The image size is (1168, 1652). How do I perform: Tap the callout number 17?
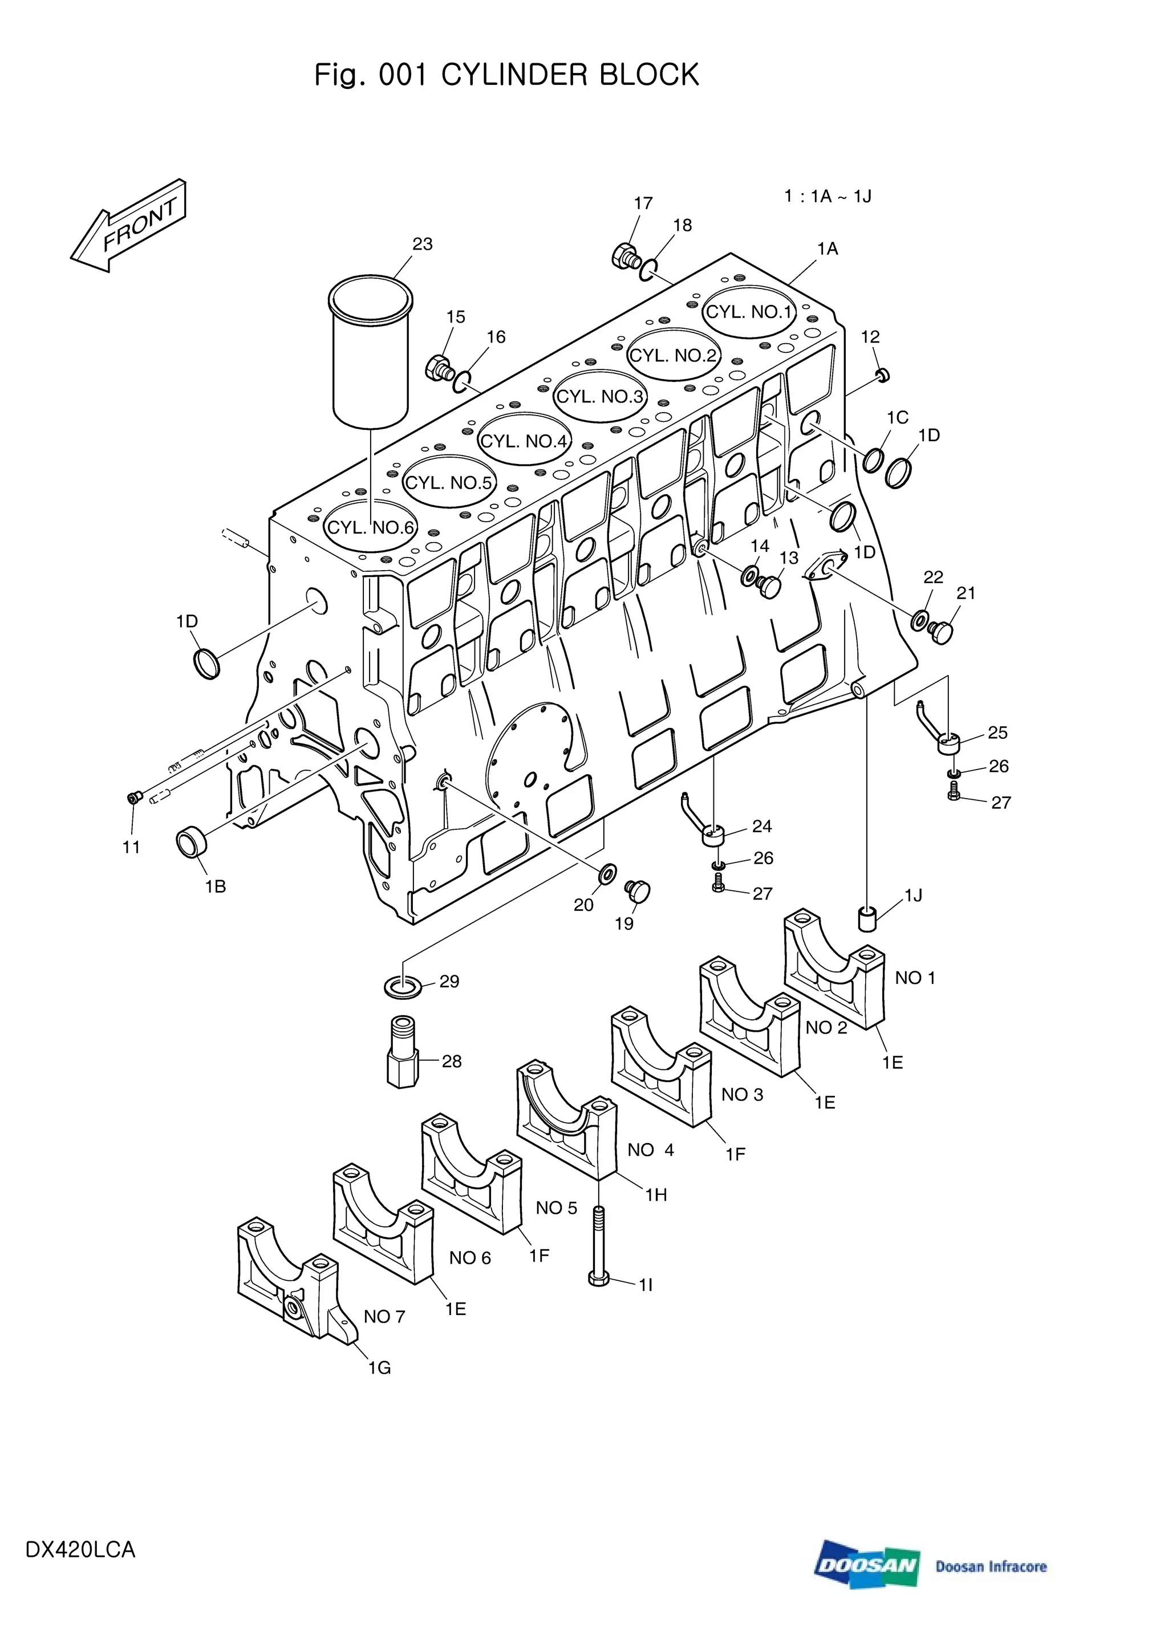[x=643, y=204]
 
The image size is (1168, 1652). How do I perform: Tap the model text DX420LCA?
[x=80, y=1549]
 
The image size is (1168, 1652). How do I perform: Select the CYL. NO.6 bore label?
[x=371, y=527]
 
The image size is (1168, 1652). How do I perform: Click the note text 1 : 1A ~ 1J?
[x=828, y=197]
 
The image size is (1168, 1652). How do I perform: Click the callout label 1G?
[x=379, y=1368]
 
